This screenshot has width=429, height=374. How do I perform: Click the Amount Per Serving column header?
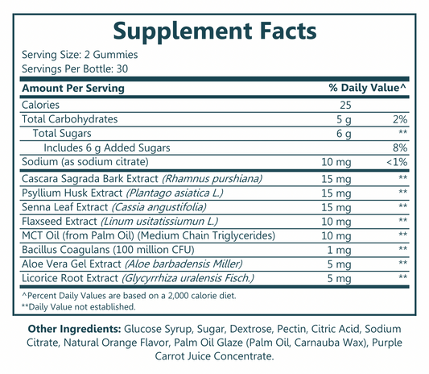[73, 88]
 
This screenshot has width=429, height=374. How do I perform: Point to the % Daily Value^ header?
[367, 88]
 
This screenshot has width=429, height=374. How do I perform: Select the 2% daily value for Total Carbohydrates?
[399, 118]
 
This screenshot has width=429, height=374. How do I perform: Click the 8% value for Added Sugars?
[399, 147]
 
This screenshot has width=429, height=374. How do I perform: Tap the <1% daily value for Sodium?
[396, 161]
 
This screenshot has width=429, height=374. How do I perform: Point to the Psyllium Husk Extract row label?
[72, 193]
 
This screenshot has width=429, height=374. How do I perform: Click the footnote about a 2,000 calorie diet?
[132, 295]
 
